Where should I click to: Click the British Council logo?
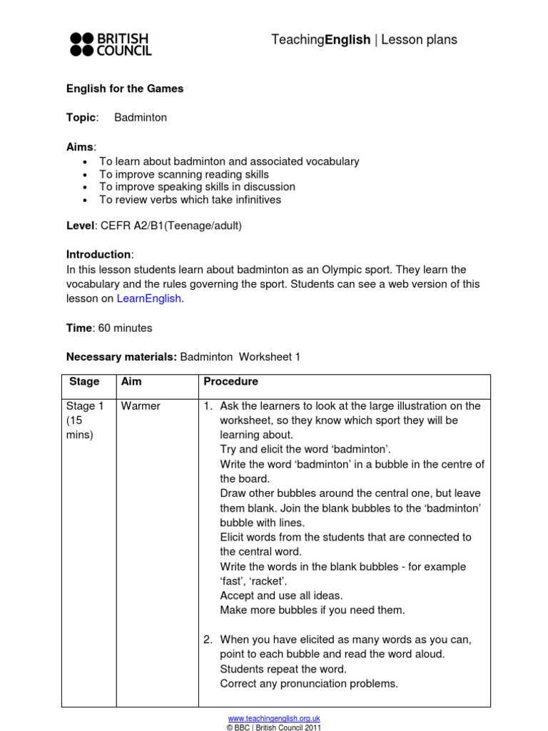pos(110,44)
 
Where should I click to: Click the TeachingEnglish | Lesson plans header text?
pos(364,40)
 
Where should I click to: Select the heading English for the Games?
pos(125,89)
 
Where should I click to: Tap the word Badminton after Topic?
pos(141,118)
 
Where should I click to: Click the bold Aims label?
pos(80,146)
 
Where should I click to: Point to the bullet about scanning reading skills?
pos(184,174)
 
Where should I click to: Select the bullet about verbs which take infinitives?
pos(190,200)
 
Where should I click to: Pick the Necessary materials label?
pos(121,357)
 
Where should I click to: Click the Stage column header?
pos(85,382)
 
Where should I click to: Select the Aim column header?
pos(131,382)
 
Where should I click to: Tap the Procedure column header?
pos(230,382)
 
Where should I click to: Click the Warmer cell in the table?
pos(141,406)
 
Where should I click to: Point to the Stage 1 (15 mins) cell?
pos(85,420)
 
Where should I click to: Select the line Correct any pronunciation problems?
pos(309,683)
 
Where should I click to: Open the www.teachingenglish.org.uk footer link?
pos(274,718)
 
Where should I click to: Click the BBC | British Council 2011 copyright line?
pos(274,727)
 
